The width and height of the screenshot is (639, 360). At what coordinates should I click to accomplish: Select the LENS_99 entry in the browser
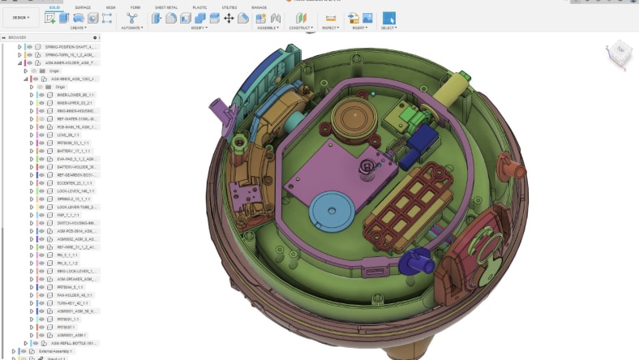click(65, 135)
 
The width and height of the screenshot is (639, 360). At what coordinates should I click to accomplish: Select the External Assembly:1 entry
click(55, 351)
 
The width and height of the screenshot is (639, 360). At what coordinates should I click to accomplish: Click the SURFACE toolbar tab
click(83, 6)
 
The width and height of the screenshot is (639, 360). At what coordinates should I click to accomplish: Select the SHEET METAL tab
click(166, 6)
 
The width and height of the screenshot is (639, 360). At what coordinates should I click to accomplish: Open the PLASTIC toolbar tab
click(199, 6)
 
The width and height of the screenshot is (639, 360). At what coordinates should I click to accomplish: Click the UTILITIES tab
click(229, 6)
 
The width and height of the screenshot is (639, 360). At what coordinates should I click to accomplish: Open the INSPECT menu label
click(330, 28)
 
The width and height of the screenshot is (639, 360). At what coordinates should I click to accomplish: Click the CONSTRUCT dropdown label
click(301, 28)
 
